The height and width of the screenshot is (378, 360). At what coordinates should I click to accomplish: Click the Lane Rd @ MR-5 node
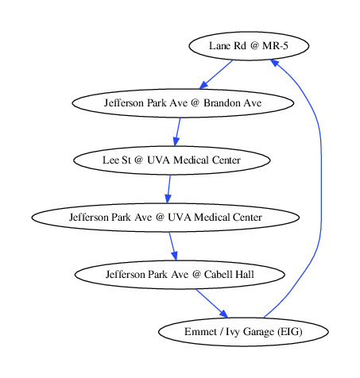pyautogui.click(x=249, y=46)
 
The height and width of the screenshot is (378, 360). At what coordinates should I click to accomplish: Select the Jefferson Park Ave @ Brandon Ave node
pyautogui.click(x=183, y=103)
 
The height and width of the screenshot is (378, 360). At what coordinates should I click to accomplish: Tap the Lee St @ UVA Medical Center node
pyautogui.click(x=172, y=160)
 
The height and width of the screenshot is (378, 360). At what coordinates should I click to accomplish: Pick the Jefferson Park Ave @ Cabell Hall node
pyautogui.click(x=180, y=275)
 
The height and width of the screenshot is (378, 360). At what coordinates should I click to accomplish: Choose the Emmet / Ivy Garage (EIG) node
pyautogui.click(x=243, y=332)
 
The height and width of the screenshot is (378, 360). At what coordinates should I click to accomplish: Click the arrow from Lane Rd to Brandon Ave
pyautogui.click(x=216, y=75)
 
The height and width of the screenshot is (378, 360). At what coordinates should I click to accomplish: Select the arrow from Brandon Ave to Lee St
pyautogui.click(x=177, y=132)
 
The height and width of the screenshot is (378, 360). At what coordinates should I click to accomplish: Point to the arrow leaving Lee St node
pyautogui.click(x=168, y=189)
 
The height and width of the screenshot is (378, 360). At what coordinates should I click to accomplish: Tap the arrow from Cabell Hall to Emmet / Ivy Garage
pyautogui.click(x=211, y=303)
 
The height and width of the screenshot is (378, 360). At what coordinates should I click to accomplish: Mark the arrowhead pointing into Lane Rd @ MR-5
pyautogui.click(x=274, y=63)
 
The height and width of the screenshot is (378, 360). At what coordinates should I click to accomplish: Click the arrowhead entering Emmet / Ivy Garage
pyautogui.click(x=223, y=314)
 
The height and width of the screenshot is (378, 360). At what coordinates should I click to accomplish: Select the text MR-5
pyautogui.click(x=275, y=46)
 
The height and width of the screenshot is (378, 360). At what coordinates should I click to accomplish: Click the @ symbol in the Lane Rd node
pyautogui.click(x=254, y=46)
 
